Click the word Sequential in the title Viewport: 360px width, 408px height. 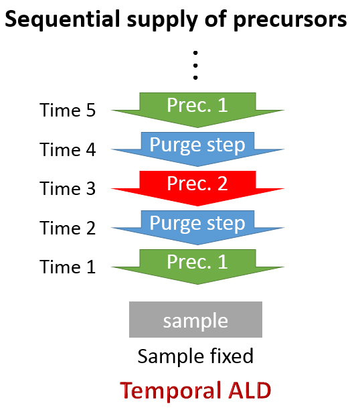pyautogui.click(x=63, y=19)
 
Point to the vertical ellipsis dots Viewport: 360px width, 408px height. pyautogui.click(x=195, y=65)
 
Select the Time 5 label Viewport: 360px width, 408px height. pyautogui.click(x=68, y=110)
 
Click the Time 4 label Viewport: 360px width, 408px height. pyautogui.click(x=68, y=149)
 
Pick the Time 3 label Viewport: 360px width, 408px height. pyautogui.click(x=68, y=188)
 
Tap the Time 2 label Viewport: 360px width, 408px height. pyautogui.click(x=68, y=228)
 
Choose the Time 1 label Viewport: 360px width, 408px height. pyautogui.click(x=68, y=267)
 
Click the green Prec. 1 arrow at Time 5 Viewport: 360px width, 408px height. pyautogui.click(x=197, y=110)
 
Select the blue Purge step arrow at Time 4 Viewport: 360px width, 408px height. pyautogui.click(x=197, y=149)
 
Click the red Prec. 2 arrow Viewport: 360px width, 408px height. pyautogui.click(x=197, y=188)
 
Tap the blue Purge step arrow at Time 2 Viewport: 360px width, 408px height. pyautogui.click(x=197, y=228)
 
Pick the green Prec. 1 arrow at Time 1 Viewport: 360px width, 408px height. pyautogui.click(x=197, y=267)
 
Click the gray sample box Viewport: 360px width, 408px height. pyautogui.click(x=195, y=320)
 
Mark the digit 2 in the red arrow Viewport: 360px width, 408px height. pyautogui.click(x=223, y=184)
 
